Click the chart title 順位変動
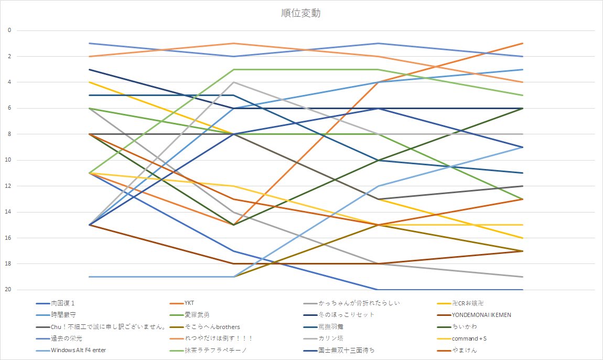[301, 13]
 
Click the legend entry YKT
[189, 303]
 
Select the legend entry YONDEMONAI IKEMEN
[481, 315]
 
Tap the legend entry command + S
[472, 338]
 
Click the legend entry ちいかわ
[464, 327]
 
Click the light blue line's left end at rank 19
[90, 277]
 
